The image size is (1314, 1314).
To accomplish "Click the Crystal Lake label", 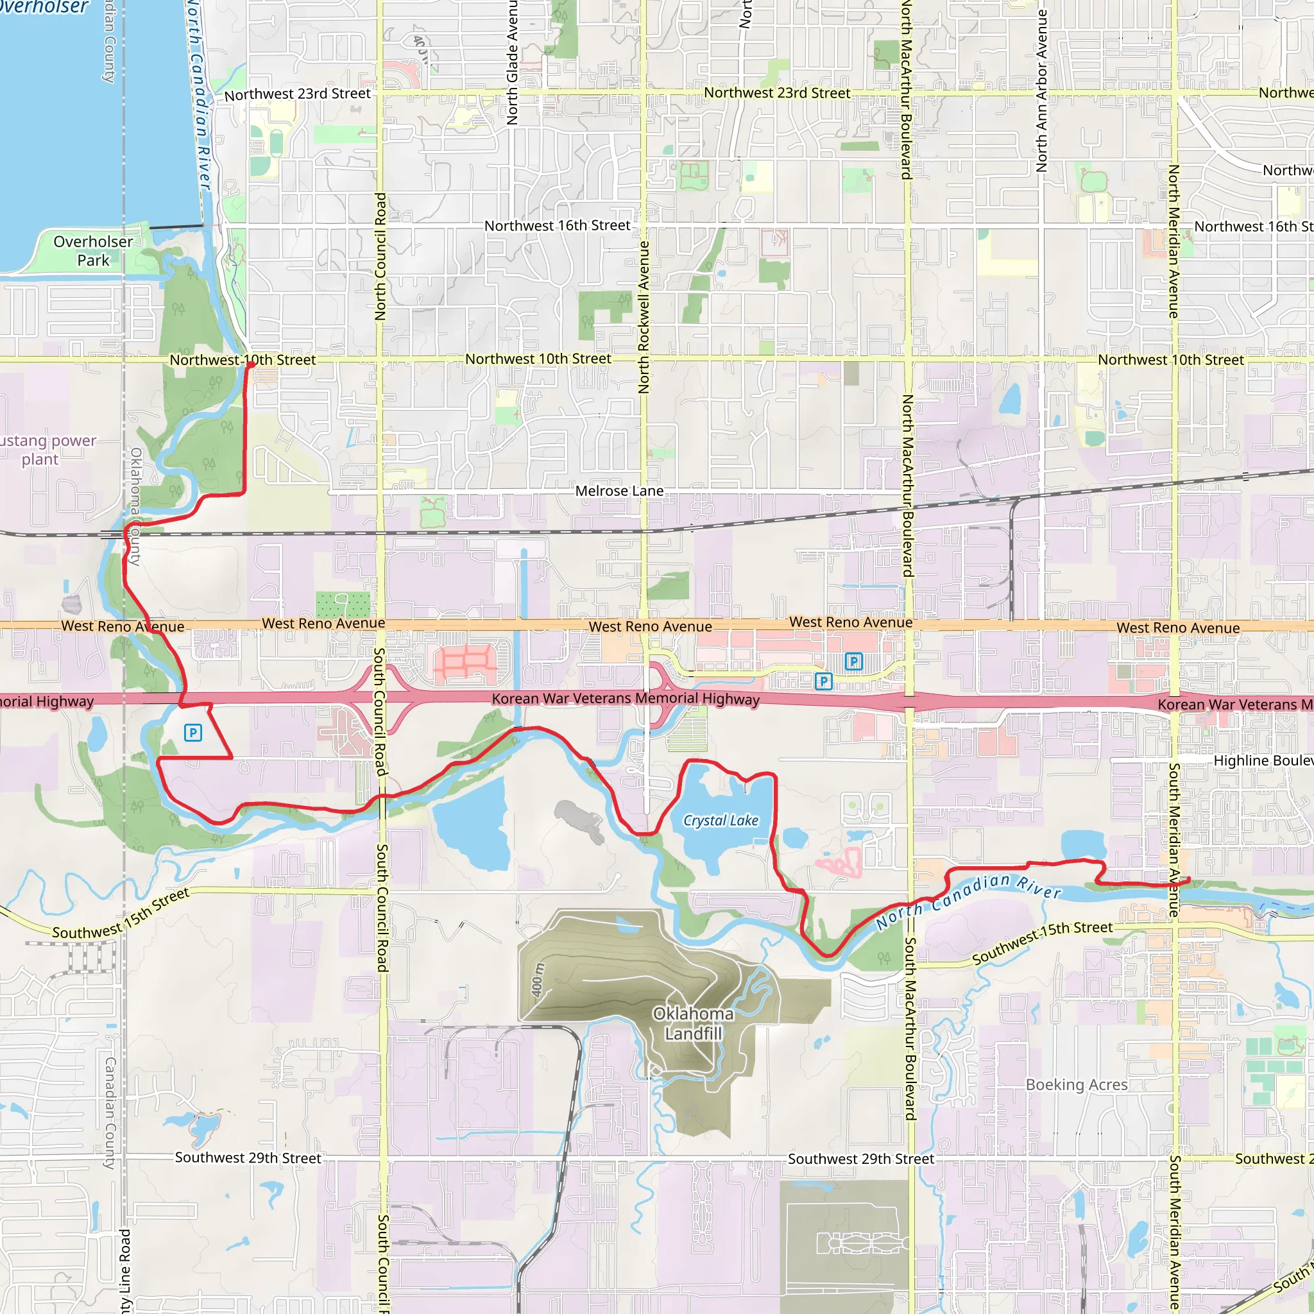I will (721, 821).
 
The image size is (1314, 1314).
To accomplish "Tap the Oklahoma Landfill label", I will (693, 1023).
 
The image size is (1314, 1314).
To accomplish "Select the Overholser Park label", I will (93, 251).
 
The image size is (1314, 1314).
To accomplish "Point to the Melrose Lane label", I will (619, 491).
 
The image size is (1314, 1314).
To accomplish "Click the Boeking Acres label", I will (1077, 1085).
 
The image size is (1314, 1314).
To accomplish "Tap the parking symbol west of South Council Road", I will (193, 733).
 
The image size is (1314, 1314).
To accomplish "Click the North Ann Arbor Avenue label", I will (1041, 90).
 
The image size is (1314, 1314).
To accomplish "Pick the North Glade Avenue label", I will (512, 63).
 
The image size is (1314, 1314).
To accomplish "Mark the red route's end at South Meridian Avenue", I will (1188, 880).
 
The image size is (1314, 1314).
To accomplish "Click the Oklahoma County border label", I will (135, 506).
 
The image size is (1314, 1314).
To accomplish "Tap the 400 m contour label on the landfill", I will (537, 979).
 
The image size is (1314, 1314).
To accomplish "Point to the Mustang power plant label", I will (44, 450).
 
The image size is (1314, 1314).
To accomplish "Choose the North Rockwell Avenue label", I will (644, 317).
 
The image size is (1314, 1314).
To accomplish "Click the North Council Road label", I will (381, 257).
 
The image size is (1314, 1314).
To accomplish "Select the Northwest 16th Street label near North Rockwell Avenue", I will (557, 226).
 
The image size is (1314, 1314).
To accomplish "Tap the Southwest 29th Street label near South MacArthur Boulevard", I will (861, 1159).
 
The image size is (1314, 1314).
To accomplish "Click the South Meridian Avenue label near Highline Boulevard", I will (1175, 840).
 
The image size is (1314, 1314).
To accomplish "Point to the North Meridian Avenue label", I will (1174, 241).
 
